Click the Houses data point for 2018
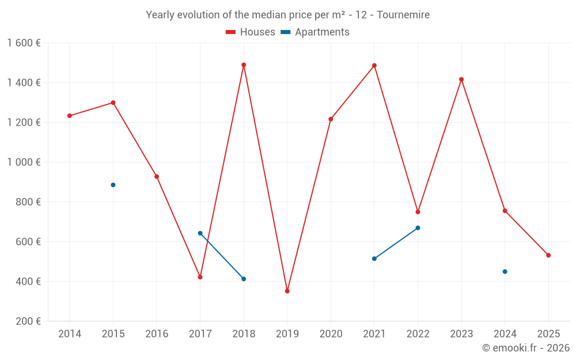(x=244, y=65)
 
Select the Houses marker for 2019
(x=287, y=291)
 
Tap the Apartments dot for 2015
(x=113, y=185)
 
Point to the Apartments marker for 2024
(x=505, y=271)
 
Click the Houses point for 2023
(x=461, y=79)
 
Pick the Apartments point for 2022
(x=418, y=228)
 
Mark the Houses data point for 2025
(x=548, y=255)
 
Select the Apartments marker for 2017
(x=200, y=233)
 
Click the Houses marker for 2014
(x=70, y=116)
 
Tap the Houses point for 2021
(x=374, y=66)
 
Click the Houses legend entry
(x=251, y=32)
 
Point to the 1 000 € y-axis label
(x=24, y=162)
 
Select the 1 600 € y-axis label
(x=24, y=43)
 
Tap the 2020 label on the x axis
(x=331, y=334)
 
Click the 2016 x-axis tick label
(x=157, y=334)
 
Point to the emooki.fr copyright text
(x=526, y=348)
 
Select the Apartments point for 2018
(x=244, y=279)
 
